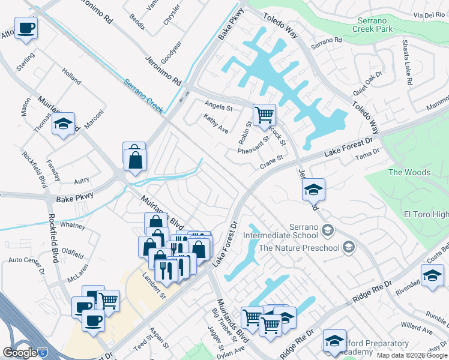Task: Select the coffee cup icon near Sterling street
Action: [26, 28]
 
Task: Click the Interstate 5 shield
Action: [41, 352]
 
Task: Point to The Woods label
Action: [409, 172]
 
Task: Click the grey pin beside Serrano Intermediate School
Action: [328, 230]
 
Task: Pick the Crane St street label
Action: [271, 161]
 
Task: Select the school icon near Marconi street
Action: [63, 125]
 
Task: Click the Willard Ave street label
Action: [418, 327]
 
